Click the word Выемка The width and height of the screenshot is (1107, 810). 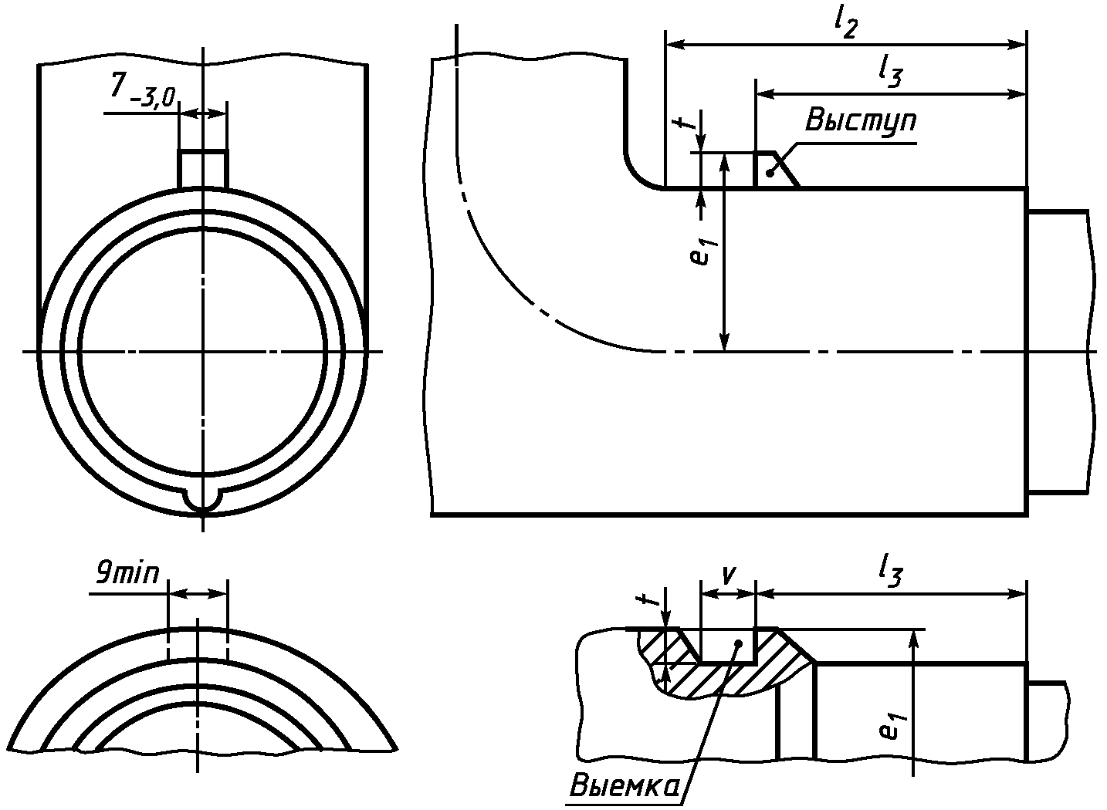coord(625,786)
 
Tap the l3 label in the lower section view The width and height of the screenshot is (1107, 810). coord(890,572)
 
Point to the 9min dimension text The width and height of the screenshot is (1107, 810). coord(127,573)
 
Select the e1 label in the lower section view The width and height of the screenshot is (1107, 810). coord(892,726)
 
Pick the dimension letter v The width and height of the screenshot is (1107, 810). coord(726,574)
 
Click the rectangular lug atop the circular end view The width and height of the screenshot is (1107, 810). coord(203,168)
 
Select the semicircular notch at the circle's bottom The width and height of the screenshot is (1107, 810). coord(203,501)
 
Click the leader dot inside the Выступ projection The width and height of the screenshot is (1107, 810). coord(770,174)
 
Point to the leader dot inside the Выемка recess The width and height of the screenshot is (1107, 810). coord(738,643)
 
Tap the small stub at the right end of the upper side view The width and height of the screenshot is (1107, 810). coord(1058,352)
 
